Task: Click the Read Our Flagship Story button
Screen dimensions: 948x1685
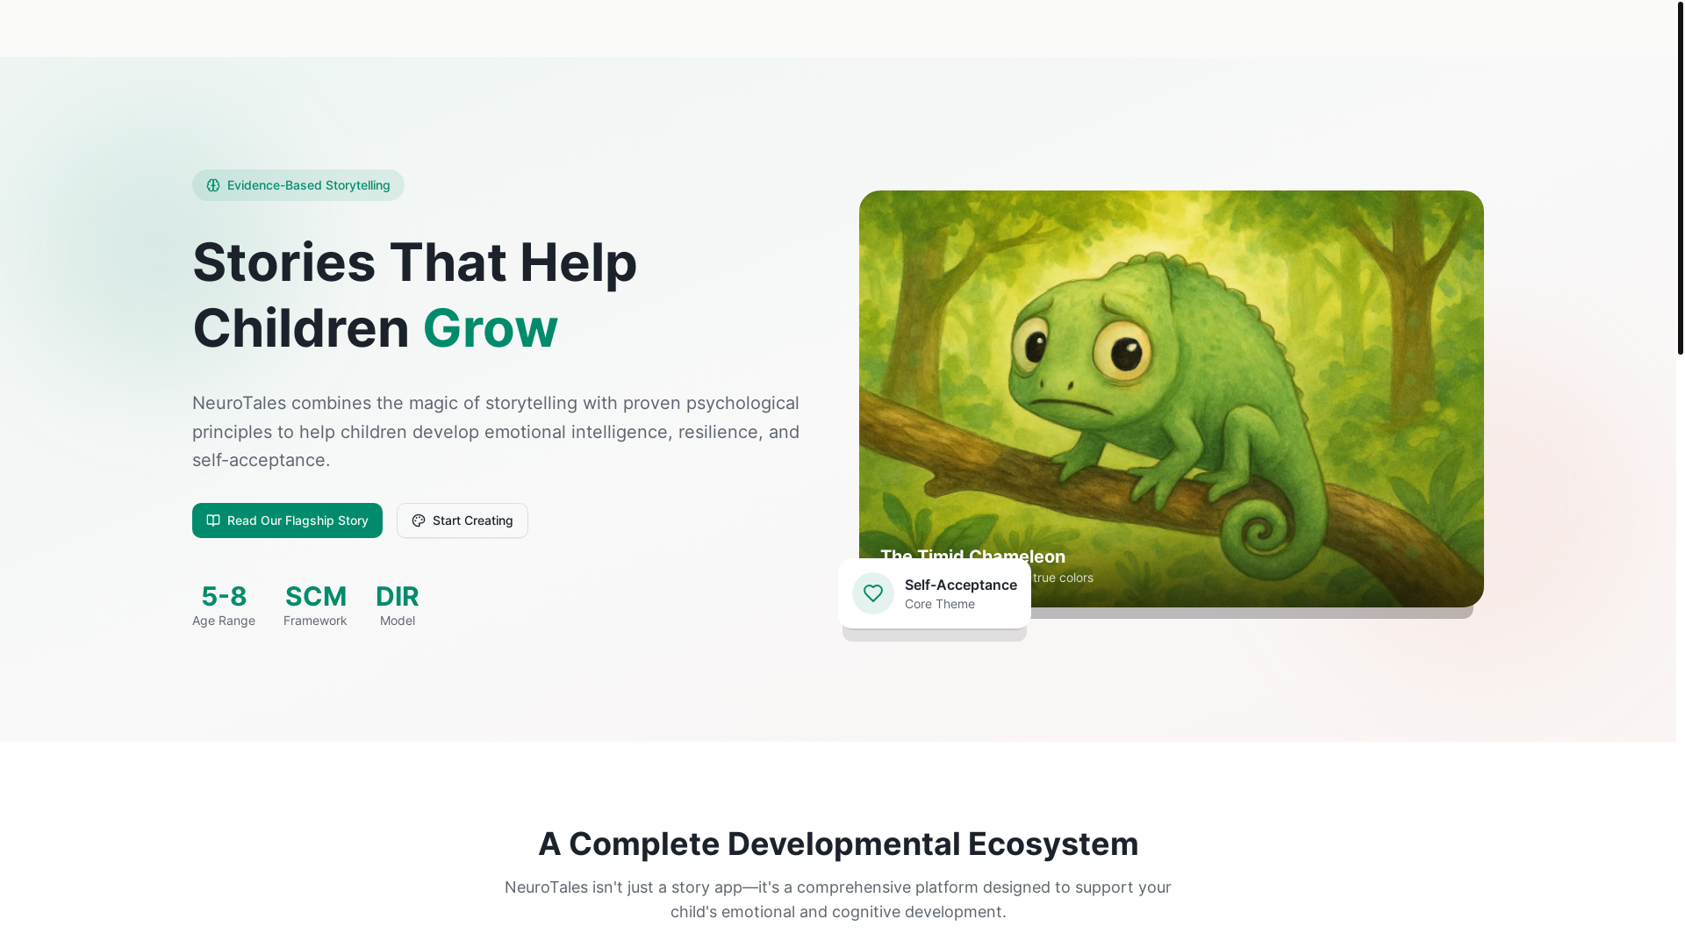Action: tap(287, 521)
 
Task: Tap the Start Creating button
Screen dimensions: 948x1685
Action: tap(462, 521)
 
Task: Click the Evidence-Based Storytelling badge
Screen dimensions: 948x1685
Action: tap(298, 185)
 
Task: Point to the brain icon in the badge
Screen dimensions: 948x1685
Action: tap(213, 185)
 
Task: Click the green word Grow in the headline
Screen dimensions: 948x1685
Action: tap(490, 328)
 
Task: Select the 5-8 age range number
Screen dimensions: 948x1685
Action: tap(224, 597)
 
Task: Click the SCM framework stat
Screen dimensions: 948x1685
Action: tap(316, 597)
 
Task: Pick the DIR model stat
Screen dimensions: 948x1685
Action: tap(398, 597)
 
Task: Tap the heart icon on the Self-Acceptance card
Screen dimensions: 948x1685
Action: tap(873, 593)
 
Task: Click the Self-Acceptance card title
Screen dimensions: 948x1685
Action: tap(960, 585)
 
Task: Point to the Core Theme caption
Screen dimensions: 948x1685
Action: tap(939, 604)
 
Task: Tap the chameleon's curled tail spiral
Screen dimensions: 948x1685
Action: tap(1261, 531)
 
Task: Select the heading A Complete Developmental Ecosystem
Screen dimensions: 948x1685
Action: tap(838, 844)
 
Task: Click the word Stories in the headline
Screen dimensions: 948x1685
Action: tap(283, 262)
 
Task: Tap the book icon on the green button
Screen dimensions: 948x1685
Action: tap(213, 521)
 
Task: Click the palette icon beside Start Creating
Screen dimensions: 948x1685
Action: tap(419, 521)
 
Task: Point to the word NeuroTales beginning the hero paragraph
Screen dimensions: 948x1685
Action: tap(239, 404)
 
